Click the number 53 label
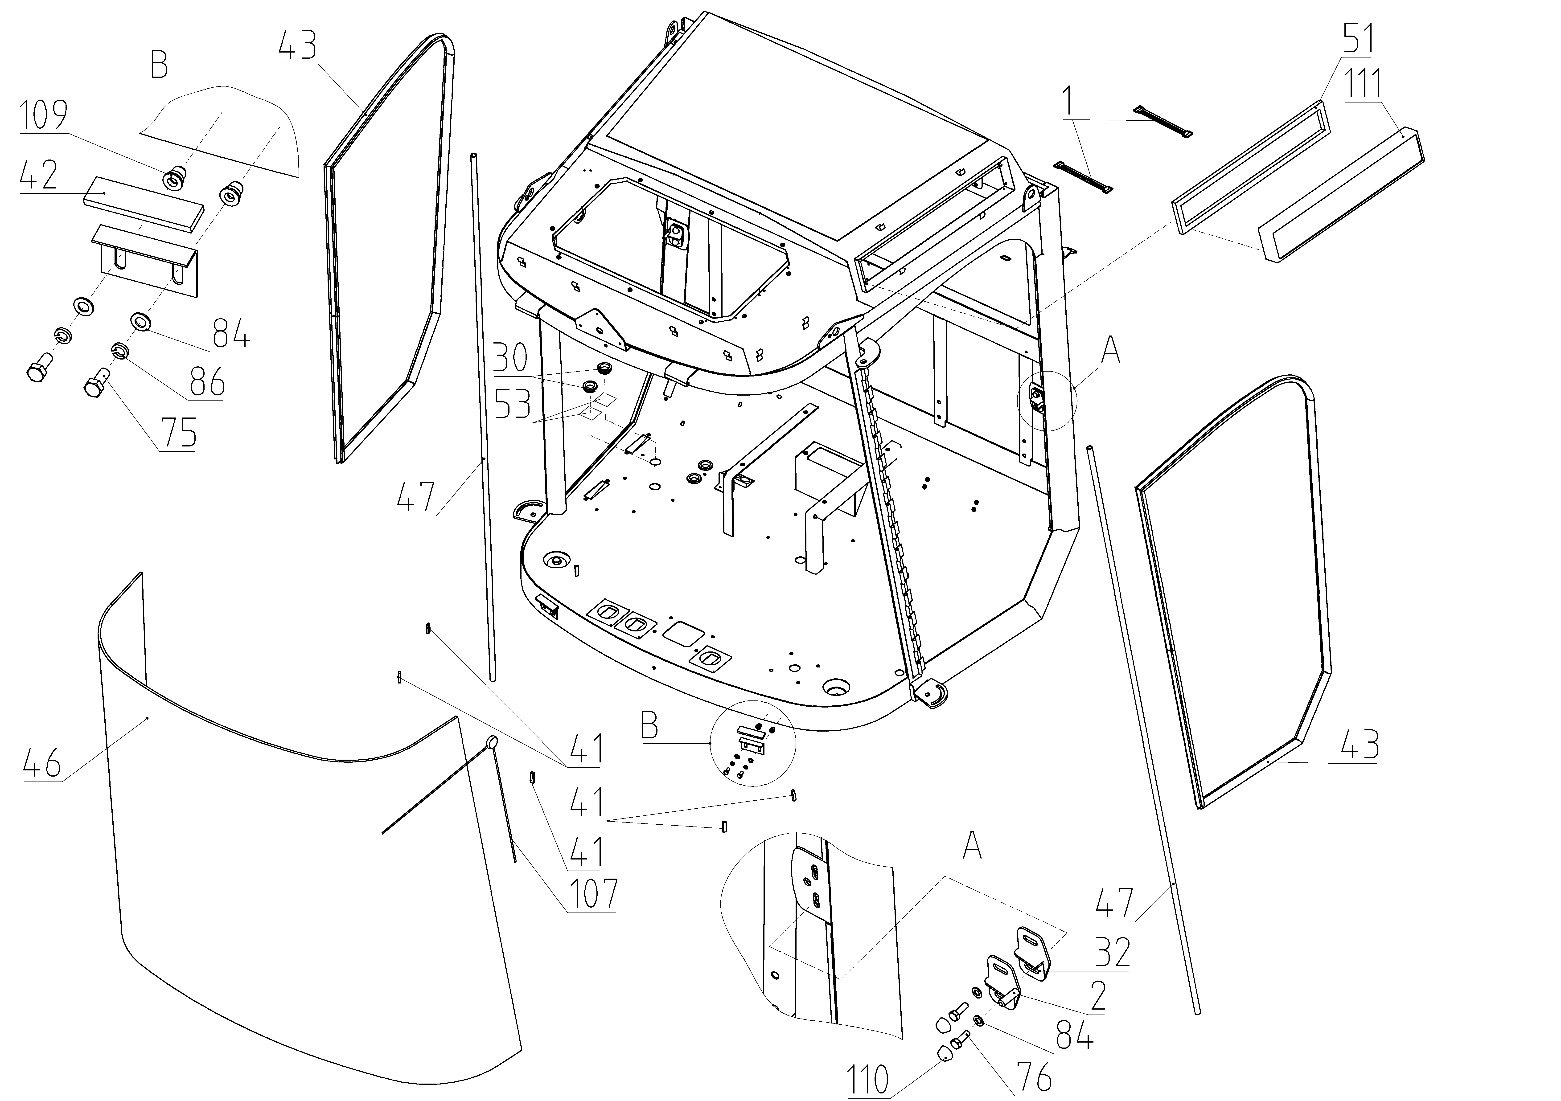click(x=512, y=406)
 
